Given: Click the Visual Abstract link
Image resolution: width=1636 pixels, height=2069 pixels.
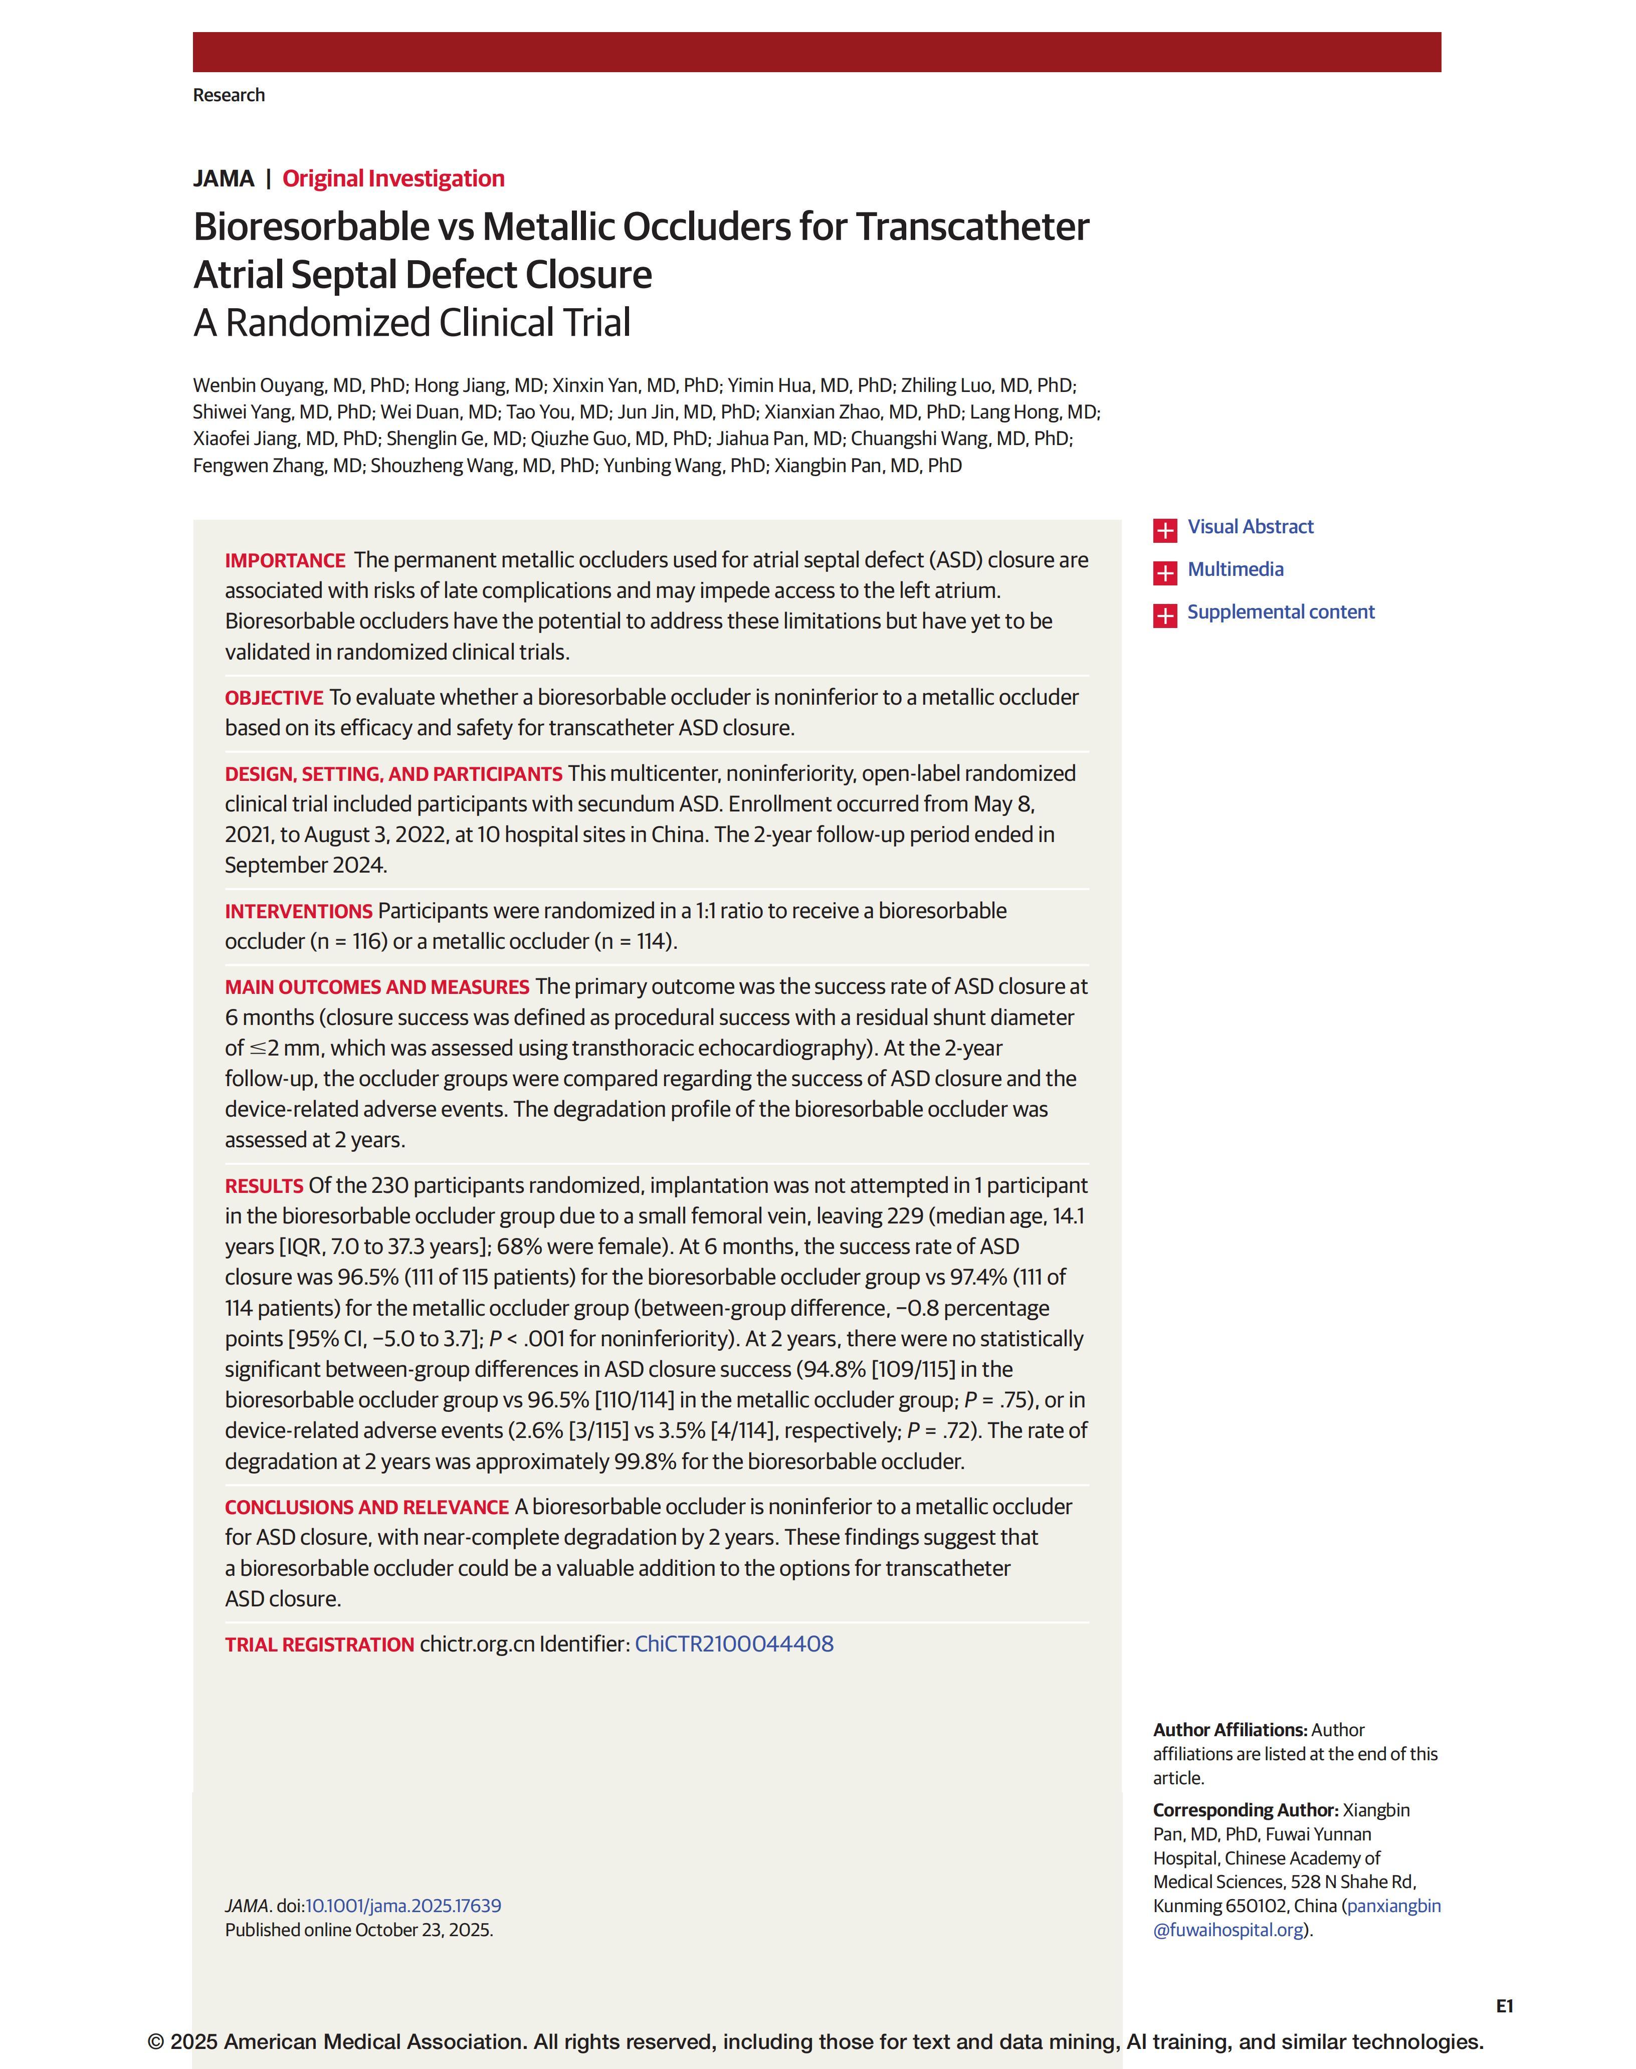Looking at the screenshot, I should click(x=1250, y=527).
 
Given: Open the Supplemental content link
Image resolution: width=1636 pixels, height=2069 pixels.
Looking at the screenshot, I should click(x=1281, y=612).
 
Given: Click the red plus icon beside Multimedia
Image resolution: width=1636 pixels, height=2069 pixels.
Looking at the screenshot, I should click(x=1165, y=573).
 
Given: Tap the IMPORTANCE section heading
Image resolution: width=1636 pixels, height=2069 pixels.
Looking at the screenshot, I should click(x=285, y=560).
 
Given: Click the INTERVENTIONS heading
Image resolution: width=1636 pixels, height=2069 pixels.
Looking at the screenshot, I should click(x=298, y=911).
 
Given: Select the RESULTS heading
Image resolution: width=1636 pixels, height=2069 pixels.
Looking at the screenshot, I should click(x=264, y=1186).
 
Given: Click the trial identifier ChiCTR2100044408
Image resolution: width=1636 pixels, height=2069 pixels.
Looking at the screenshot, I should click(x=734, y=1643).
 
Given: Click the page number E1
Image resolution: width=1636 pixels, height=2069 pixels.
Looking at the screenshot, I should click(x=1504, y=2006).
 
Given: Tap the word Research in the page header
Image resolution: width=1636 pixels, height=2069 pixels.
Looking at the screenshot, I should click(x=229, y=95).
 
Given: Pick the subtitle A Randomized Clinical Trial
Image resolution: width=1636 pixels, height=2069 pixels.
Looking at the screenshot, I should click(x=412, y=323).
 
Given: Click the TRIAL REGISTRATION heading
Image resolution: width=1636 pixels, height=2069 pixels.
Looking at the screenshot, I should click(x=319, y=1644).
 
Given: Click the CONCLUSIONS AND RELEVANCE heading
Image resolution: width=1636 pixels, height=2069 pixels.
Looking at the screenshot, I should click(x=366, y=1507).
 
